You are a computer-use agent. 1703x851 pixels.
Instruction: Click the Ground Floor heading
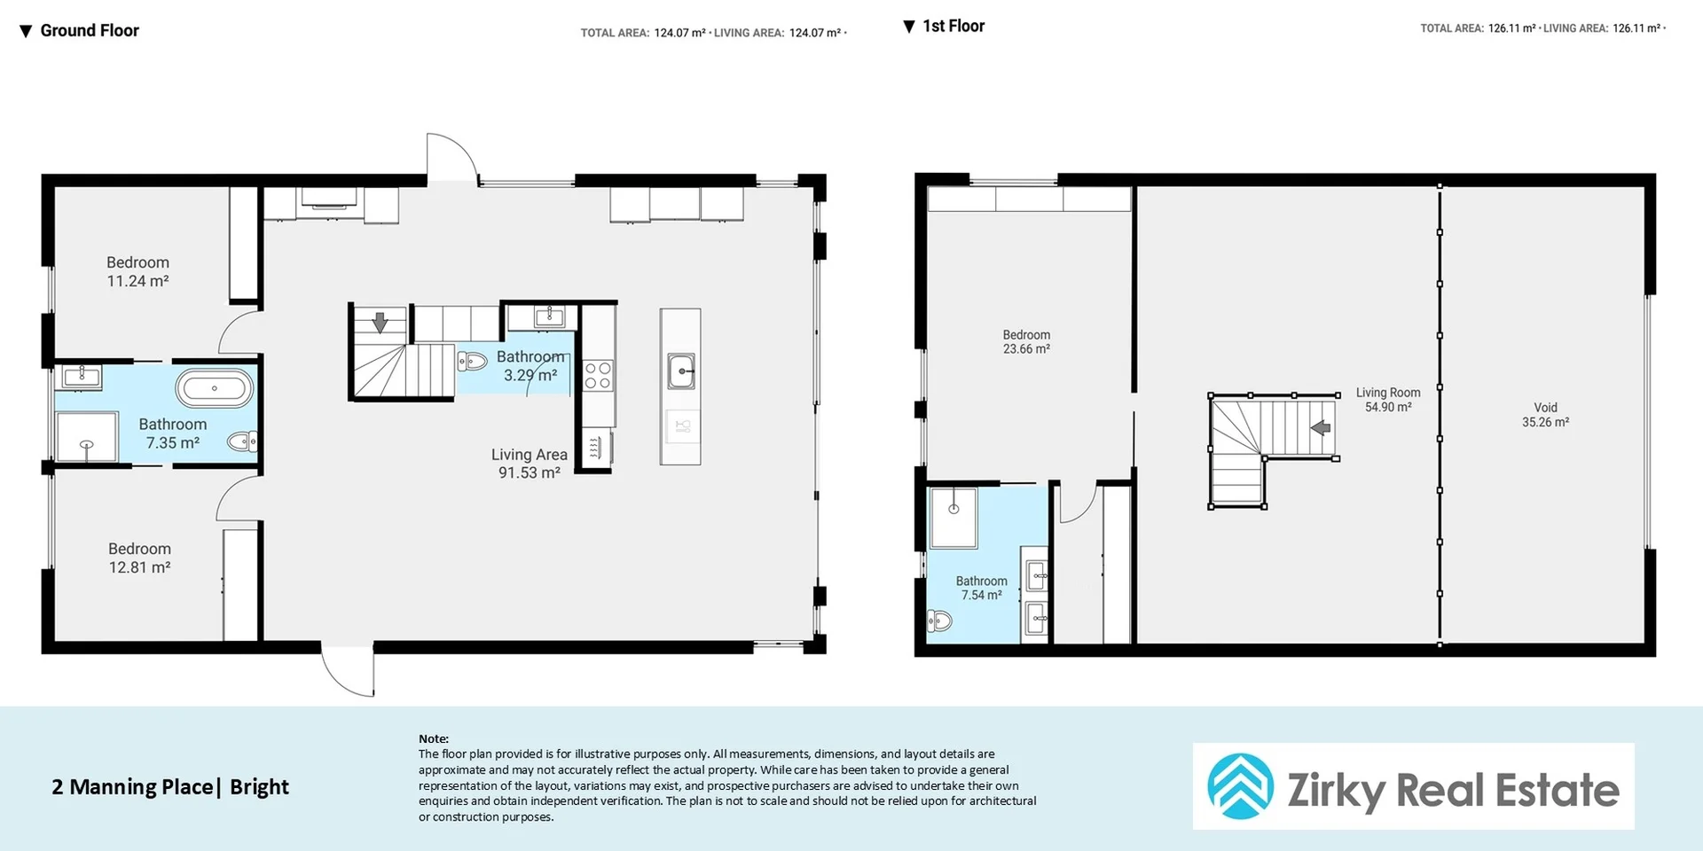coord(89,31)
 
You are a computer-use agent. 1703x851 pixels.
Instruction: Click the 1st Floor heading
coord(953,27)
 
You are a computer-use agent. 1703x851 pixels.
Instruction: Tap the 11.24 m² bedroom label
coord(137,271)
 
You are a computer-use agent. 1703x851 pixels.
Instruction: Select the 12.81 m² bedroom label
coord(139,558)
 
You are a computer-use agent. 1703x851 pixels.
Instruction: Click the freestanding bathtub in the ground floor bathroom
coord(214,388)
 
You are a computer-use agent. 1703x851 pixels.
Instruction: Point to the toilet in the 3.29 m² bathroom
coord(472,361)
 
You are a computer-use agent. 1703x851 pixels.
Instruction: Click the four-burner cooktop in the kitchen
coord(598,375)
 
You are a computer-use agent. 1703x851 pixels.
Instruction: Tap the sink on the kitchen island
coord(680,371)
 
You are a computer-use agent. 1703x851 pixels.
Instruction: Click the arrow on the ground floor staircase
coord(380,323)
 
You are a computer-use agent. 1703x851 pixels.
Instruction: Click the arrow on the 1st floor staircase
coord(1321,428)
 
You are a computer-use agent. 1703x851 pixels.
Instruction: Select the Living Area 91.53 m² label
coord(530,463)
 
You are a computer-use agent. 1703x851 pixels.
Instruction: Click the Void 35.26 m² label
coord(1545,415)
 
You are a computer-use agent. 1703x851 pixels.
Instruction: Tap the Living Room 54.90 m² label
coord(1387,400)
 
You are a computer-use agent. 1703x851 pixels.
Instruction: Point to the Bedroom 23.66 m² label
coord(1026,341)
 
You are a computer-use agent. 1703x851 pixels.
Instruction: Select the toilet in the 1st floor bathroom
coord(939,621)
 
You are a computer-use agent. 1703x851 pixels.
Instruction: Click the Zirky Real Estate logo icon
coord(1240,786)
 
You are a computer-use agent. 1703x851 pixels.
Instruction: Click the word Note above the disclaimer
coord(434,738)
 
